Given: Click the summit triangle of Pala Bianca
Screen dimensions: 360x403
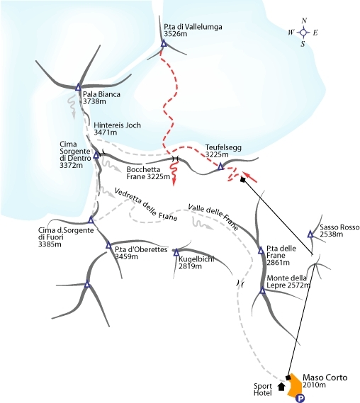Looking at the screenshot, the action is coord(78,87).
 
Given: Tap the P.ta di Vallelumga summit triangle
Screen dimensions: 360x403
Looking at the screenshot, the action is coord(164,44).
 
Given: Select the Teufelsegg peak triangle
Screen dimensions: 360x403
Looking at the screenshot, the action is coord(220,167).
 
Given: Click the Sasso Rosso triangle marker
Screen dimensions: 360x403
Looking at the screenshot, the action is coord(310,234).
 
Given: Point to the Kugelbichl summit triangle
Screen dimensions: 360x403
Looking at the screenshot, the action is coord(176,252).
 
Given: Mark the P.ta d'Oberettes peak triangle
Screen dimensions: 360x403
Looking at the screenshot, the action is coord(108,245).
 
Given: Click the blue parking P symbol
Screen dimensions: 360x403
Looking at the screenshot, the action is coord(299,398).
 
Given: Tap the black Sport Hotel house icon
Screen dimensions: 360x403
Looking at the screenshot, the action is coord(281,387).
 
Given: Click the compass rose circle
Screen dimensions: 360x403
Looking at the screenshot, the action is coord(304,33).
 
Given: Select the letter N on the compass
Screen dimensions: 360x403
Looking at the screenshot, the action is coord(304,21).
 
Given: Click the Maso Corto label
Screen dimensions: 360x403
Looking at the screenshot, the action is coord(325,378).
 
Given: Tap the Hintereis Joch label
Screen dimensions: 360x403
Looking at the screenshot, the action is coord(117,125).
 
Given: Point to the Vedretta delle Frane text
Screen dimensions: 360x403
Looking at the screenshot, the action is coord(146,205).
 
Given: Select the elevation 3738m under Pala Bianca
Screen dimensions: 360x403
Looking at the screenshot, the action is coord(94,101).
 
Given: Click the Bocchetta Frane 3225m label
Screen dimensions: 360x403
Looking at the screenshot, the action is coord(148,174).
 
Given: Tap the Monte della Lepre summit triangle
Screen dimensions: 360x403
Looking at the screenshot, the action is coord(262,290).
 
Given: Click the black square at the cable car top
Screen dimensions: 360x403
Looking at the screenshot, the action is coord(242,180).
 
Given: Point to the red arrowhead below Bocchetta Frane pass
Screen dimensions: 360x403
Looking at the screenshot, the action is coord(174,182).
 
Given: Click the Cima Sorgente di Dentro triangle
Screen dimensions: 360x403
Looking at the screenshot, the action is coord(96,155).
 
